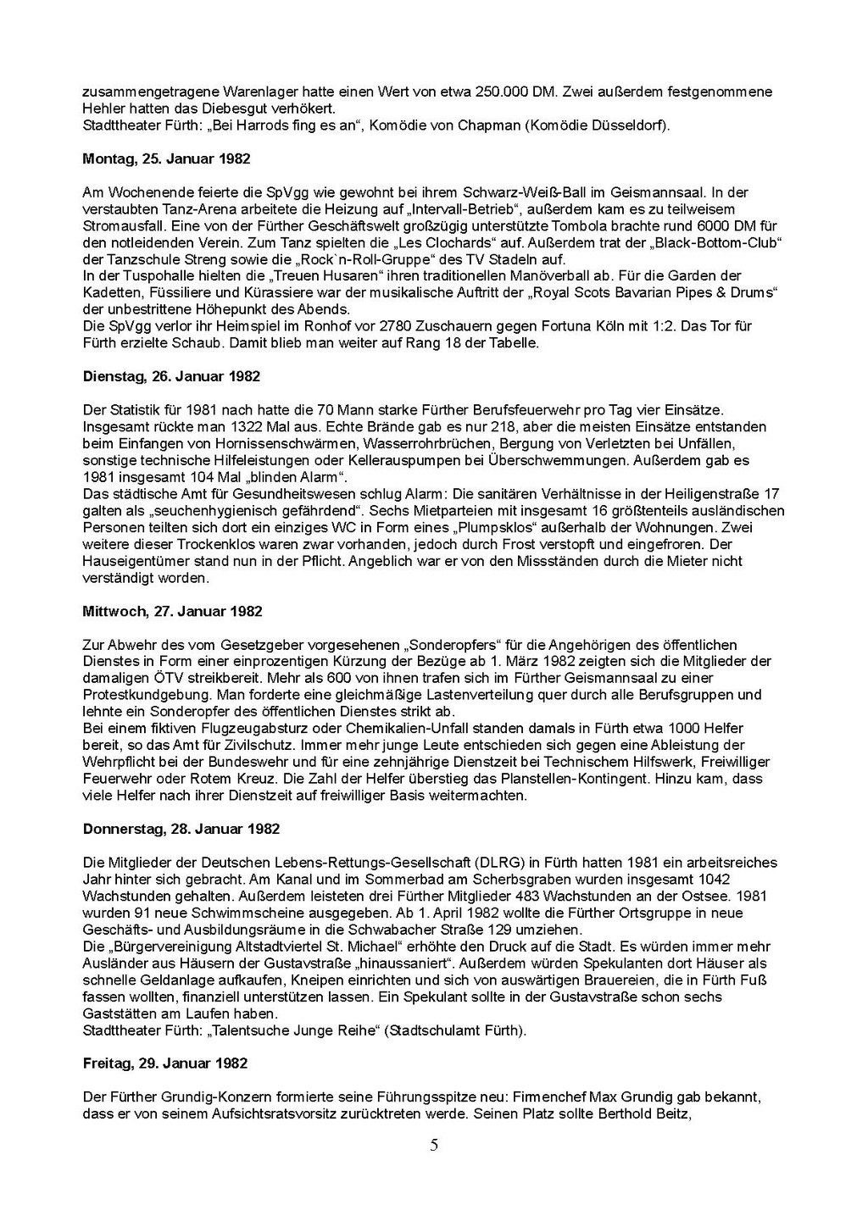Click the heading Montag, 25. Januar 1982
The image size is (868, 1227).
click(x=166, y=158)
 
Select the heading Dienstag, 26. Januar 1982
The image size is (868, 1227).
click(x=171, y=376)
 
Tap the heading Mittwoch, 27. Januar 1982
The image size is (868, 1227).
click(x=172, y=611)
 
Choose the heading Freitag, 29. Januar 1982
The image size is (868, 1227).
click(x=165, y=1063)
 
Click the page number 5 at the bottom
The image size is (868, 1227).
click(x=435, y=1146)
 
